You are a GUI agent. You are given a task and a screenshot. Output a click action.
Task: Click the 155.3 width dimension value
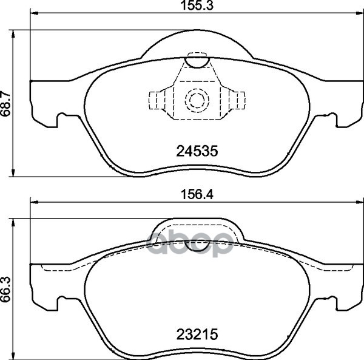coord(195,7)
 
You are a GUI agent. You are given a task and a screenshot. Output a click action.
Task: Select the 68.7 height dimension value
coord(7,102)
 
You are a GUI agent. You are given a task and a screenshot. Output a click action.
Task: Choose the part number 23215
coord(197,334)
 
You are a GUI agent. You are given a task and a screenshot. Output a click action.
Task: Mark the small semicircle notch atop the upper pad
coord(196,59)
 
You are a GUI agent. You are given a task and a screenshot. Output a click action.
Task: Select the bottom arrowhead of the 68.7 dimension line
coord(15,172)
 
